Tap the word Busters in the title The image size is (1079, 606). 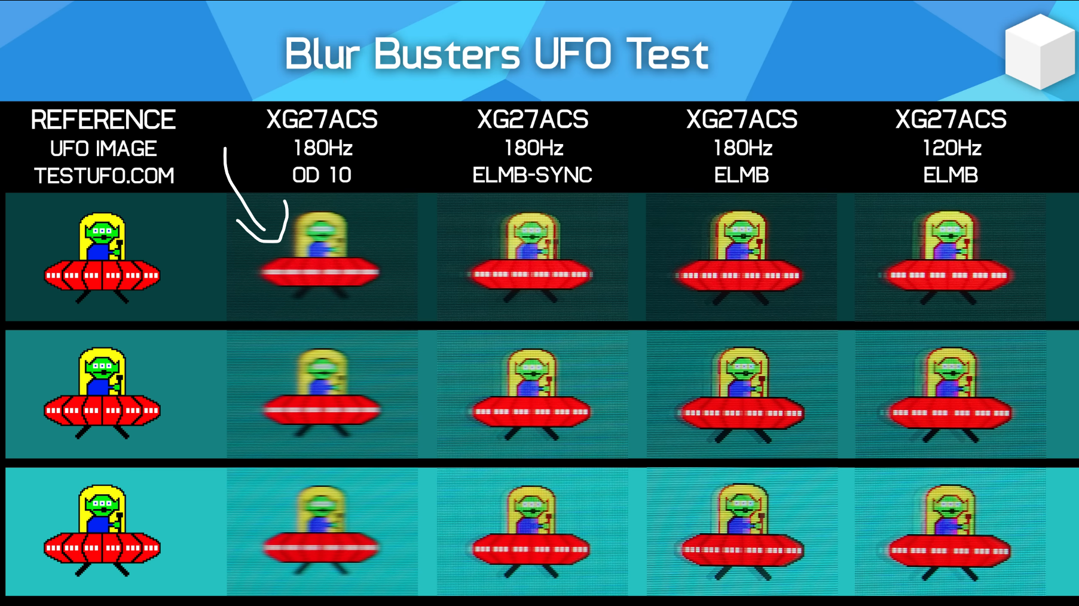click(x=447, y=54)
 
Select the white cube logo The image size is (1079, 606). click(x=1040, y=51)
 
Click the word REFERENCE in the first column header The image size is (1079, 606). click(x=103, y=120)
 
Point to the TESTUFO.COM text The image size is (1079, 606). click(x=104, y=176)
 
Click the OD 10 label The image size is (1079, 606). click(x=322, y=175)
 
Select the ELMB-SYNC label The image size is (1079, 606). click(x=532, y=175)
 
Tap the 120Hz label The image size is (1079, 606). click(x=951, y=148)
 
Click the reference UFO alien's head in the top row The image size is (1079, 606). click(x=102, y=232)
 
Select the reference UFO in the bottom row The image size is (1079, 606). click(x=102, y=531)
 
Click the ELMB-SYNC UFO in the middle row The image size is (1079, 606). click(x=531, y=394)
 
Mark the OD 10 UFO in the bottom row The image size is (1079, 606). click(x=321, y=531)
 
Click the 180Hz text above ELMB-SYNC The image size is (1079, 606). click(x=533, y=148)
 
